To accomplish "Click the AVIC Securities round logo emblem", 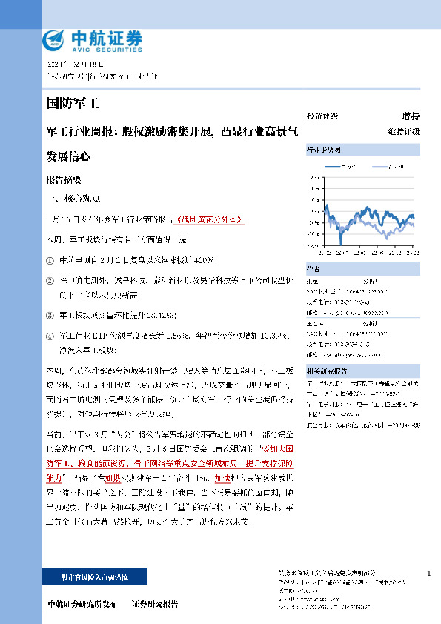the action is pos(55,39).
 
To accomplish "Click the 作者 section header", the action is pos(314,268).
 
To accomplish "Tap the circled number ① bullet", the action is pos(50,261).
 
